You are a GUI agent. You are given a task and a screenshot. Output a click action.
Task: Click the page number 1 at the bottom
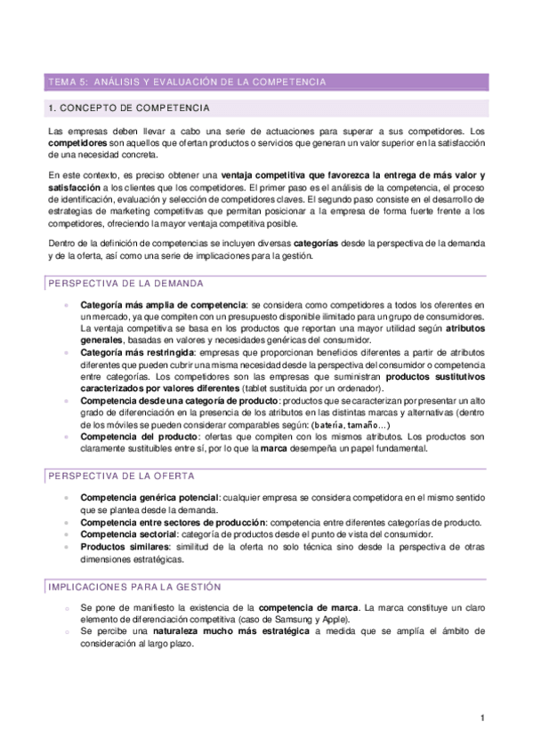481,718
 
